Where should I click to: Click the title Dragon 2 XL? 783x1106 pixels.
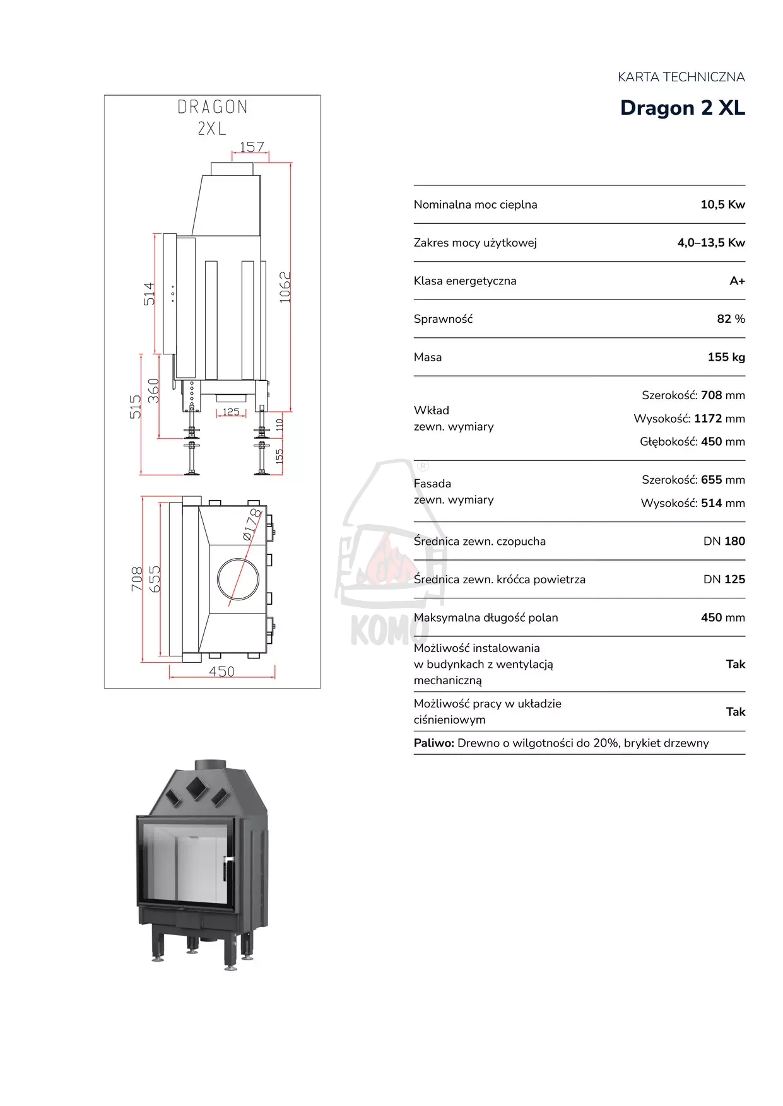point(682,108)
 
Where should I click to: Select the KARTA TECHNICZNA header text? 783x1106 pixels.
point(681,77)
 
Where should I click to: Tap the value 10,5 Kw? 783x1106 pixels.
point(722,204)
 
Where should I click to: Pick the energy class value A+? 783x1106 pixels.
point(737,281)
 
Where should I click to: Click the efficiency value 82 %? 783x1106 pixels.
point(731,319)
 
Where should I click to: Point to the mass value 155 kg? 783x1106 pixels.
point(726,357)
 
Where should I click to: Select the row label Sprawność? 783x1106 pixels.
point(443,319)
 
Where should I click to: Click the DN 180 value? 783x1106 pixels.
point(724,541)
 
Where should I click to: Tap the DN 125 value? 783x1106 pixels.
point(724,579)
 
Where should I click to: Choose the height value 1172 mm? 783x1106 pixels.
point(719,419)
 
